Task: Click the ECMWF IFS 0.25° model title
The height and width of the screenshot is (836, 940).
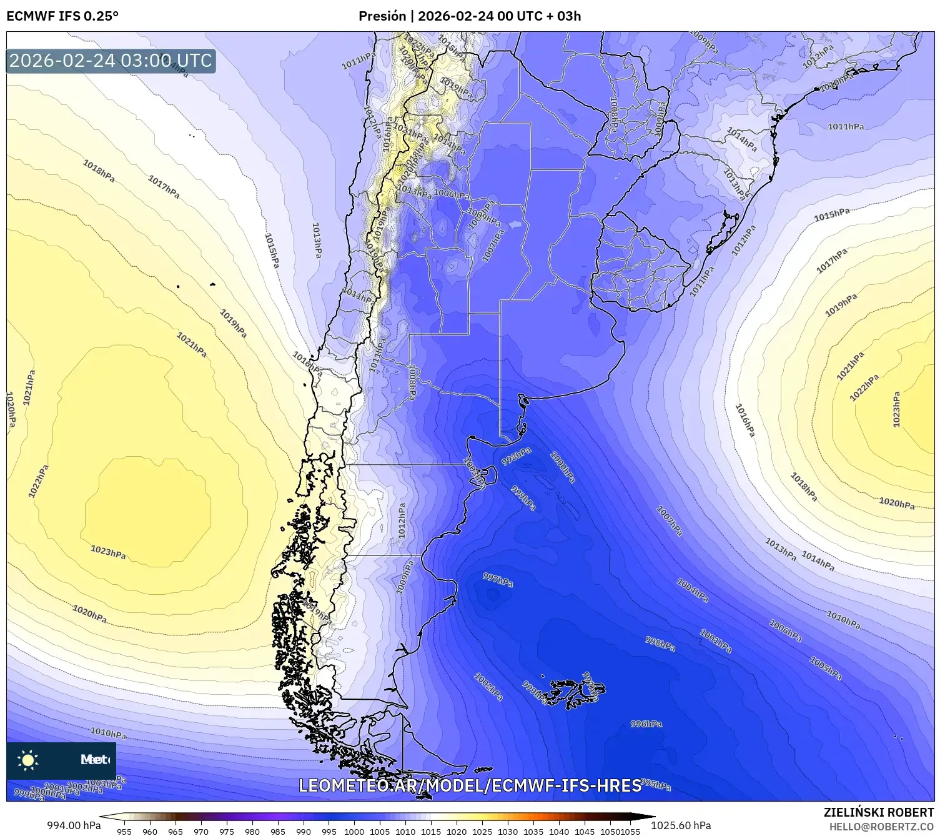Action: tap(62, 16)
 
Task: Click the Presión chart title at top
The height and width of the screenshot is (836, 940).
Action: tap(469, 16)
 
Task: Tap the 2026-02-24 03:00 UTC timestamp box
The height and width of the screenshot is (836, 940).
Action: tap(111, 61)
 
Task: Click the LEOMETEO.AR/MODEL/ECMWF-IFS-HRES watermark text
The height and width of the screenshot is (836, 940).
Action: tap(470, 785)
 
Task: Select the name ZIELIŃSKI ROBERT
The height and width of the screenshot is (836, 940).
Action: tap(878, 812)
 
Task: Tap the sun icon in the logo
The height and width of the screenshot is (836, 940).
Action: tap(28, 760)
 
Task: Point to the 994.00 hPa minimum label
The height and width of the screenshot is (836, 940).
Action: tap(74, 825)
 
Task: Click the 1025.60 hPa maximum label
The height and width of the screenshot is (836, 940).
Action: tap(681, 825)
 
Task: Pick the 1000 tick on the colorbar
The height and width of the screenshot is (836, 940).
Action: tap(354, 831)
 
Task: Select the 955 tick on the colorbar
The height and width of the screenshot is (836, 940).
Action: tap(124, 831)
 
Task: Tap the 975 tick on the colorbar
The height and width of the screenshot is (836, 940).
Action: tap(227, 831)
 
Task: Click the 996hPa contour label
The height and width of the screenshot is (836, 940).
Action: tap(646, 724)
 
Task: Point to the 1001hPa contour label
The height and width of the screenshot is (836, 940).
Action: tap(715, 642)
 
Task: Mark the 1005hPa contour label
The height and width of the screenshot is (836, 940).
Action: tap(825, 668)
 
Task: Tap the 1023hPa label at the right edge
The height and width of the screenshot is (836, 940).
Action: tap(896, 409)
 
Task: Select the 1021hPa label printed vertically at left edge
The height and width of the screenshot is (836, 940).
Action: tap(29, 387)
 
